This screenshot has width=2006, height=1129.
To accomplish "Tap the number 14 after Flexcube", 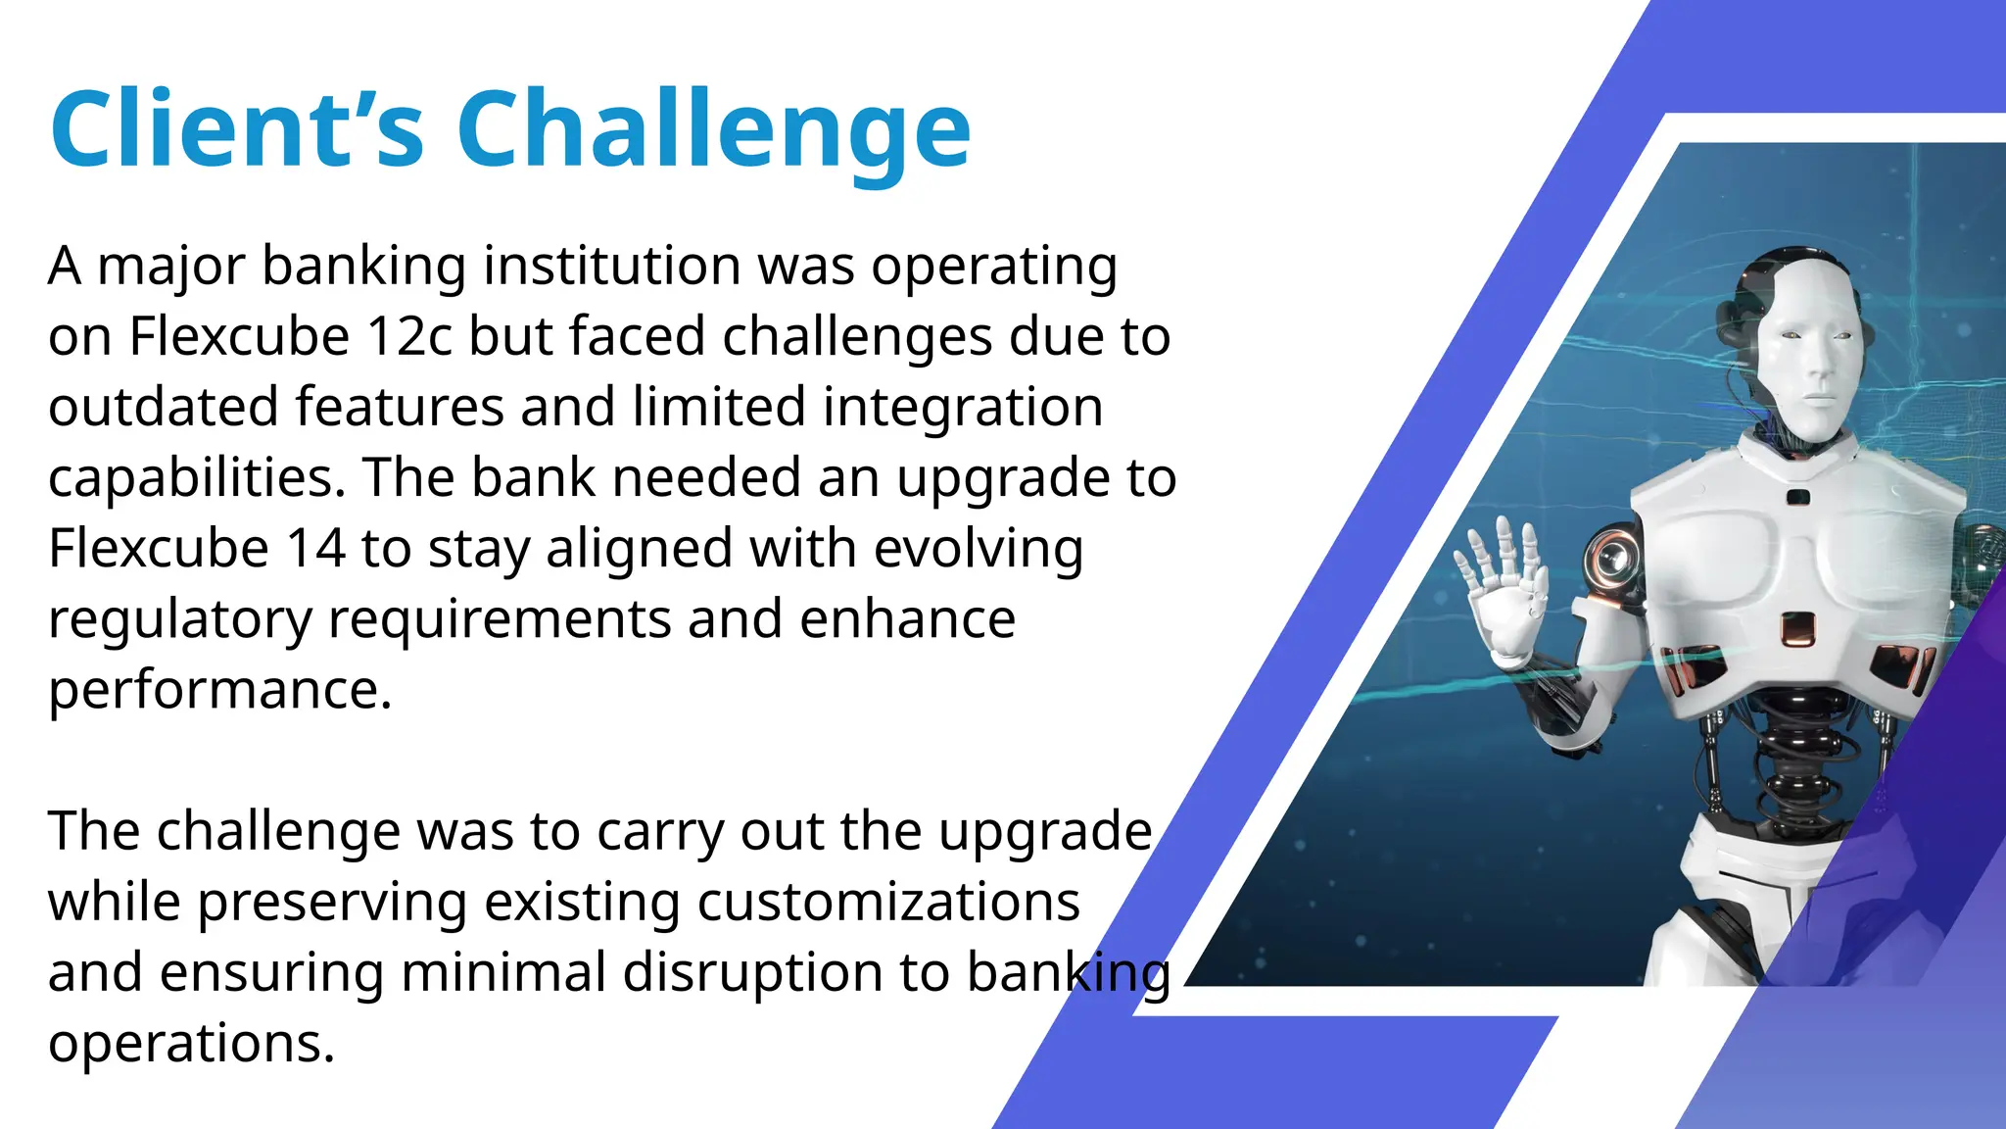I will [314, 548].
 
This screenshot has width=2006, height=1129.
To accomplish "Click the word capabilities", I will [196, 479].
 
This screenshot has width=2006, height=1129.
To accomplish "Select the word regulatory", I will [179, 620].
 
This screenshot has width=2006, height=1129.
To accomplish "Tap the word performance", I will [219, 691].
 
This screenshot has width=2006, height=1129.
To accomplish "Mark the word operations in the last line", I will [191, 1043].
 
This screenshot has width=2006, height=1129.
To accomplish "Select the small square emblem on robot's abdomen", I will [1797, 627].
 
